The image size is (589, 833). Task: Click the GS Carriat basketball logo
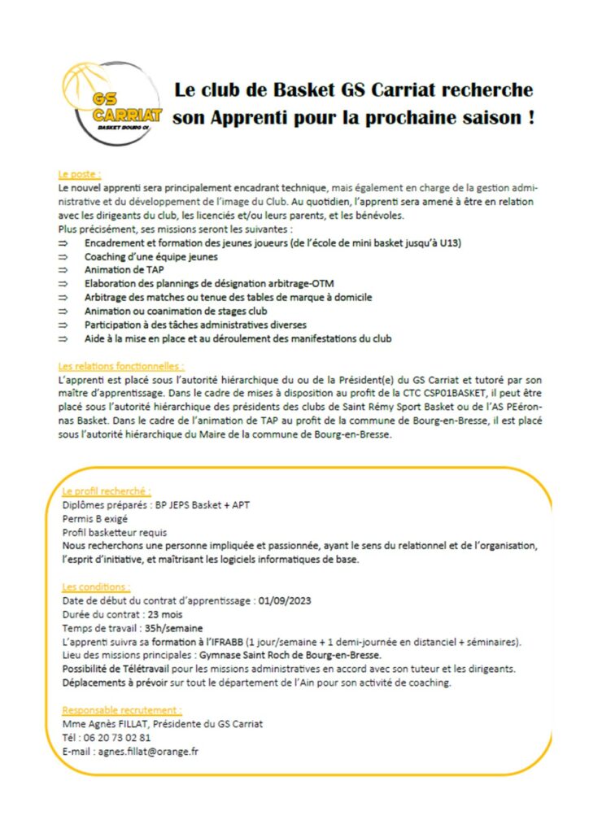[x=112, y=104]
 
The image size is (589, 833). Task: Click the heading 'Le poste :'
[x=79, y=174]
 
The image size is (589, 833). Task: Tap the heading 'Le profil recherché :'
[x=107, y=491]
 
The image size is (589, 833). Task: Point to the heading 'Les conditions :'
[x=95, y=587]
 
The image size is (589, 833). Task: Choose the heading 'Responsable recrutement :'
[x=122, y=710]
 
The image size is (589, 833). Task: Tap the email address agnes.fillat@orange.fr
[x=147, y=752]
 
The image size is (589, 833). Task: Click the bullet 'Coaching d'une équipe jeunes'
[x=151, y=255]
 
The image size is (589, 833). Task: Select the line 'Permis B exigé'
[x=94, y=518]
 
